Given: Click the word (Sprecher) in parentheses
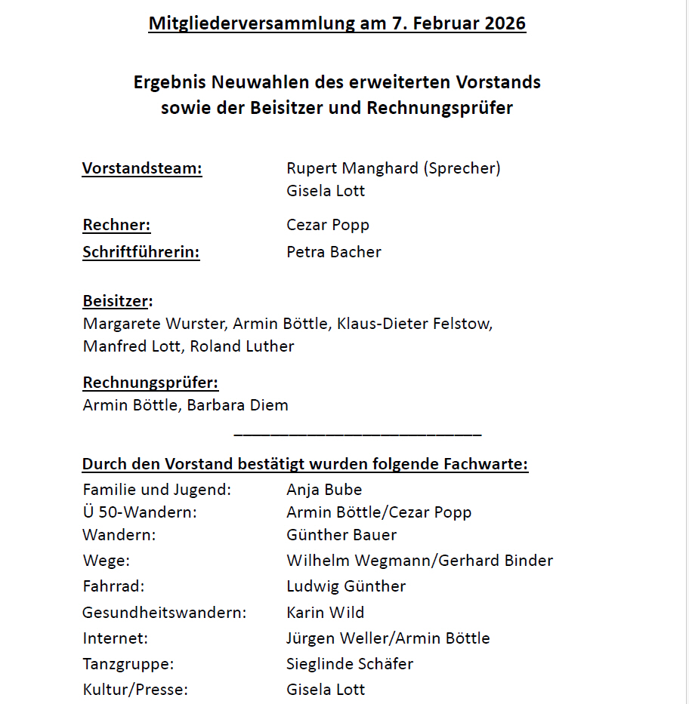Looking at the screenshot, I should coord(462,168).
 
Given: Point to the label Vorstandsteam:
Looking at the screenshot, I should coord(142,168).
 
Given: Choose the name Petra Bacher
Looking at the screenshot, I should coord(334,252).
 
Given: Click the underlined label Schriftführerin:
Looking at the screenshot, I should coord(141,252).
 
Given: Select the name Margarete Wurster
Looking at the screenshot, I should coord(153,324).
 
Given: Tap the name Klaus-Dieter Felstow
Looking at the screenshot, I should coord(415,324).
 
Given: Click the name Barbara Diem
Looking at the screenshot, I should coord(237,405).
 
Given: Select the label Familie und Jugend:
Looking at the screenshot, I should coord(156,490).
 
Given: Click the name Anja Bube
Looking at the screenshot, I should coord(324,490).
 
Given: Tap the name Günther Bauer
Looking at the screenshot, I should coord(341,535).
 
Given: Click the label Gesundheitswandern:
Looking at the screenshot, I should coord(165,612).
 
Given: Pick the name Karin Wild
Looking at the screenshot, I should coord(325,612).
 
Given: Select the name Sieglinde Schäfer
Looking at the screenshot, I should coord(350,664).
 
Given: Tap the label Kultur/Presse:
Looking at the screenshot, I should coord(135,689).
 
